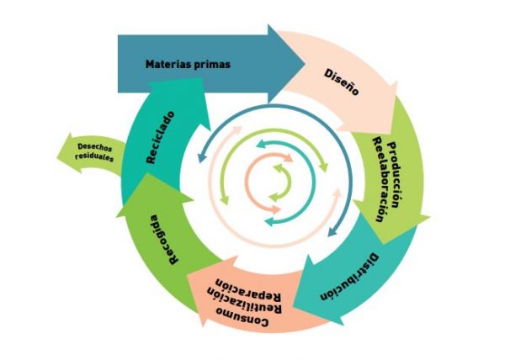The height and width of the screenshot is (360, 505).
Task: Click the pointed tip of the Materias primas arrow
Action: click(305, 64)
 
